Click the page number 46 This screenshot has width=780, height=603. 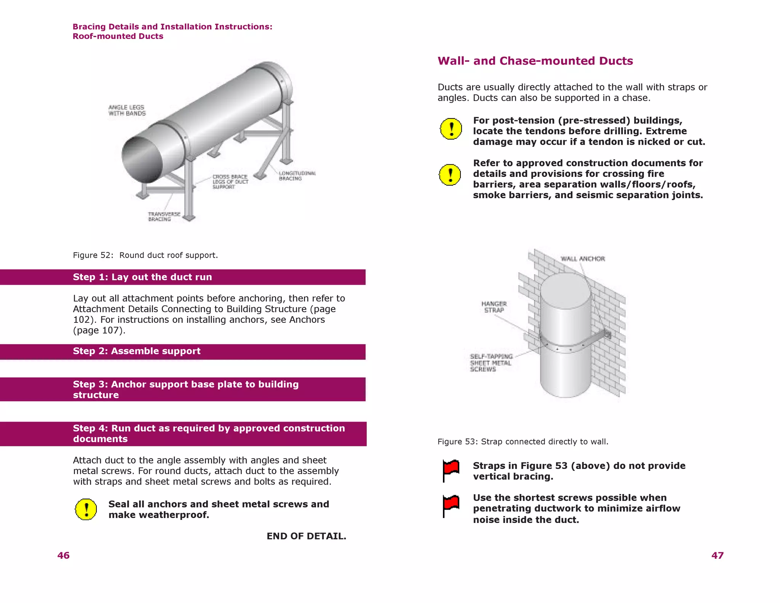coord(63,555)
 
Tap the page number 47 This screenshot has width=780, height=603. coord(717,555)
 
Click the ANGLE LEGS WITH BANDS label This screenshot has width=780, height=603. coord(127,111)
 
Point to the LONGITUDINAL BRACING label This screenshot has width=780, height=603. coord(297,176)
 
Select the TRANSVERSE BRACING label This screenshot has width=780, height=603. coord(164,217)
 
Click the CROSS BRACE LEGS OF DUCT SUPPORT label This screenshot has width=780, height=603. coord(230,182)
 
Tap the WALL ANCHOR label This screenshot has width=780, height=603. coord(582,259)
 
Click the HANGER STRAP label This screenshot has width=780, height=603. coord(494,307)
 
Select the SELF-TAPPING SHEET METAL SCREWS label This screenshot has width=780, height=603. coord(491,362)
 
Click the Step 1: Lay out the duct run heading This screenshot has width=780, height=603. coord(142,277)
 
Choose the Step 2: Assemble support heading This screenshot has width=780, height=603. coord(136,351)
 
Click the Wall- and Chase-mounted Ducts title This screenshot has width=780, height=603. coord(535,61)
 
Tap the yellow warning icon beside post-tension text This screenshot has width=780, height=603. coord(451,128)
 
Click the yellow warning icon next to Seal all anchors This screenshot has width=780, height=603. coord(86,509)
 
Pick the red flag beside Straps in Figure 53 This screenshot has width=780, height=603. coord(451,470)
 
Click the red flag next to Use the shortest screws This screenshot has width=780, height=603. coord(451,505)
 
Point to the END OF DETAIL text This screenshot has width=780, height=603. coord(306,536)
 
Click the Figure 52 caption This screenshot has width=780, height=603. coord(145,255)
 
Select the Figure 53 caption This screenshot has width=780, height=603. coord(523,442)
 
